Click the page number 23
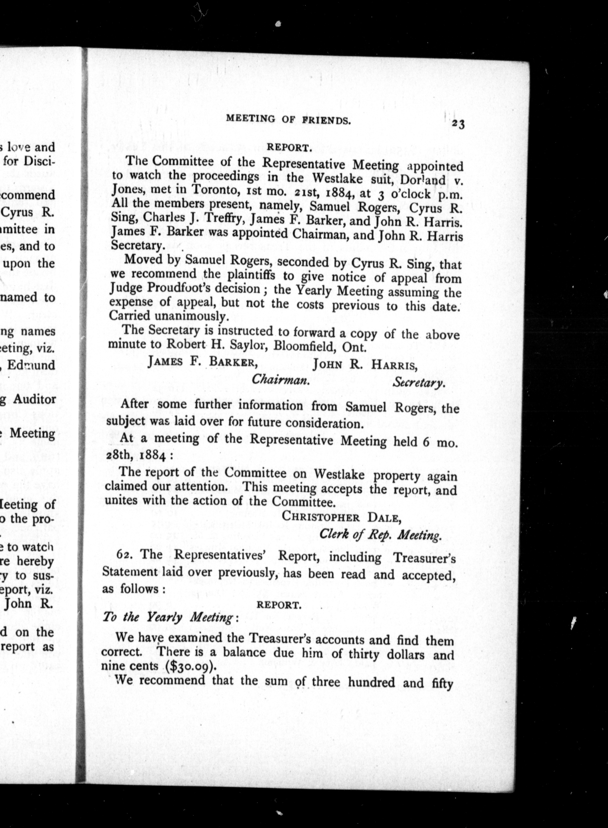pos(458,124)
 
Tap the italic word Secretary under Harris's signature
pos(418,383)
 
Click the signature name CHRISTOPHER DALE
pos(341,517)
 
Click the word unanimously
pos(191,316)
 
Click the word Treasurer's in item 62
pos(424,558)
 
